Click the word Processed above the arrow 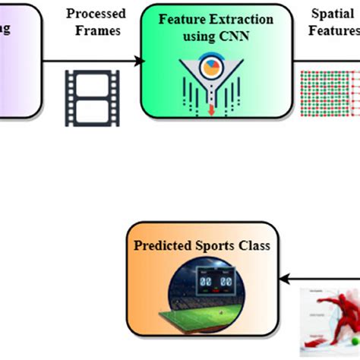click(x=96, y=14)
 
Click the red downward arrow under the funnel click(x=210, y=111)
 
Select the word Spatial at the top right click(x=333, y=14)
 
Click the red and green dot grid click(x=330, y=93)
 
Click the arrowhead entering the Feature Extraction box click(x=140, y=60)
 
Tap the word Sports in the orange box click(x=216, y=245)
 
